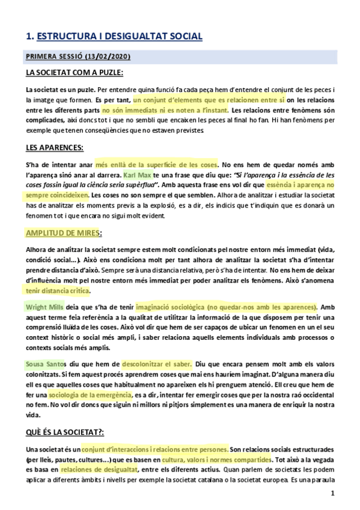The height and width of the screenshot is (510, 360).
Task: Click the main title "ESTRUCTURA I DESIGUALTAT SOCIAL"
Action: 119,37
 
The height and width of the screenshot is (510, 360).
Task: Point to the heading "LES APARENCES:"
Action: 54,147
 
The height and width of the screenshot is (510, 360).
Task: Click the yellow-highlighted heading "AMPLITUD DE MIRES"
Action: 62,233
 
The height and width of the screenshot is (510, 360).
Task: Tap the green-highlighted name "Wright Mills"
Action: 44,307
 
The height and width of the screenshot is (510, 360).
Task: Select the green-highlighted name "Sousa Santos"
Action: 44,364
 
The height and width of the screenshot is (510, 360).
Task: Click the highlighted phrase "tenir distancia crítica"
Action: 57,290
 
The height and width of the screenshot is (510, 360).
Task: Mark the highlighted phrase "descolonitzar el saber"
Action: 157,364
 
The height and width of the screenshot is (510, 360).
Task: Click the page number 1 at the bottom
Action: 332,494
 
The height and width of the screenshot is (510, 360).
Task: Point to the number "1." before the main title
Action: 29,37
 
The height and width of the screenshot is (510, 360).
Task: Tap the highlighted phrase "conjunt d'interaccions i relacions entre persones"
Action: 155,449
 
